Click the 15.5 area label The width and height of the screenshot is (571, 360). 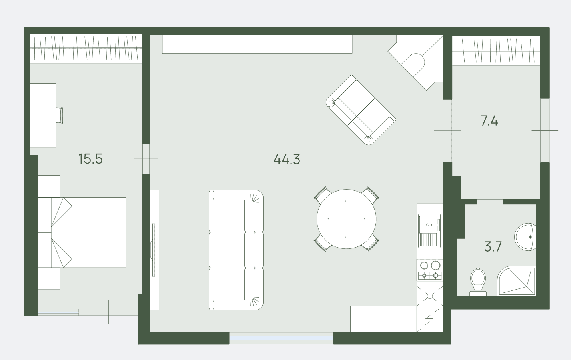90,159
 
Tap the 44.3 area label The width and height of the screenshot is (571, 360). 287,159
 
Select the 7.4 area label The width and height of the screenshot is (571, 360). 489,121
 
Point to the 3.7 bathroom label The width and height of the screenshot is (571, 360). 493,246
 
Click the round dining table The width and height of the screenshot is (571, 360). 346,219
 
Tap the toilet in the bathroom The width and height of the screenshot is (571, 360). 478,282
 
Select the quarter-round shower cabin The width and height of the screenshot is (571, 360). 517,281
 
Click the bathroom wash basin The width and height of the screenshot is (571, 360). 525,237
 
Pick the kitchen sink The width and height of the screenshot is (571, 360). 429,231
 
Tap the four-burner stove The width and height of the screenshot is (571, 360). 430,270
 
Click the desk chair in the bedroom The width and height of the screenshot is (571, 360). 60,115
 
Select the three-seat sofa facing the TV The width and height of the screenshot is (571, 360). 236,250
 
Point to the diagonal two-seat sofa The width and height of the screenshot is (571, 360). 361,110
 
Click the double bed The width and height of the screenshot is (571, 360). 82,232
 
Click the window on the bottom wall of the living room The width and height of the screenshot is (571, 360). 282,338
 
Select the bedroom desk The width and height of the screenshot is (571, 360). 43,115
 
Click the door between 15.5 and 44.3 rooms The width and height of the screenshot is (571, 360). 146,159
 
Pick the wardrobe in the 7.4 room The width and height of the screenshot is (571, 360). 496,50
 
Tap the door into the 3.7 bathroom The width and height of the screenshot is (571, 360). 490,202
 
